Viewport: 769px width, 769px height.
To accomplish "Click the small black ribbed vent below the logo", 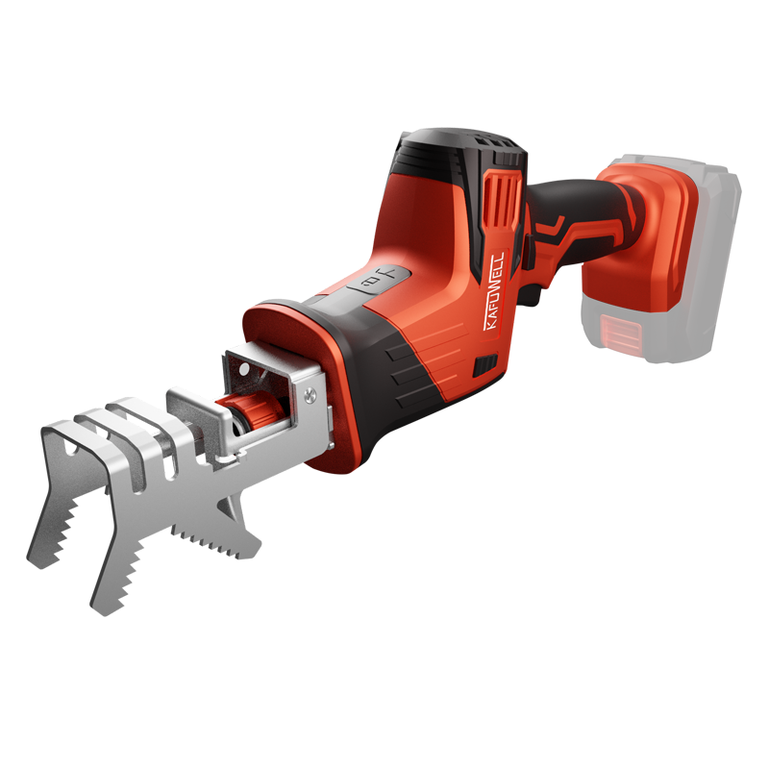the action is coord(485,366).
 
